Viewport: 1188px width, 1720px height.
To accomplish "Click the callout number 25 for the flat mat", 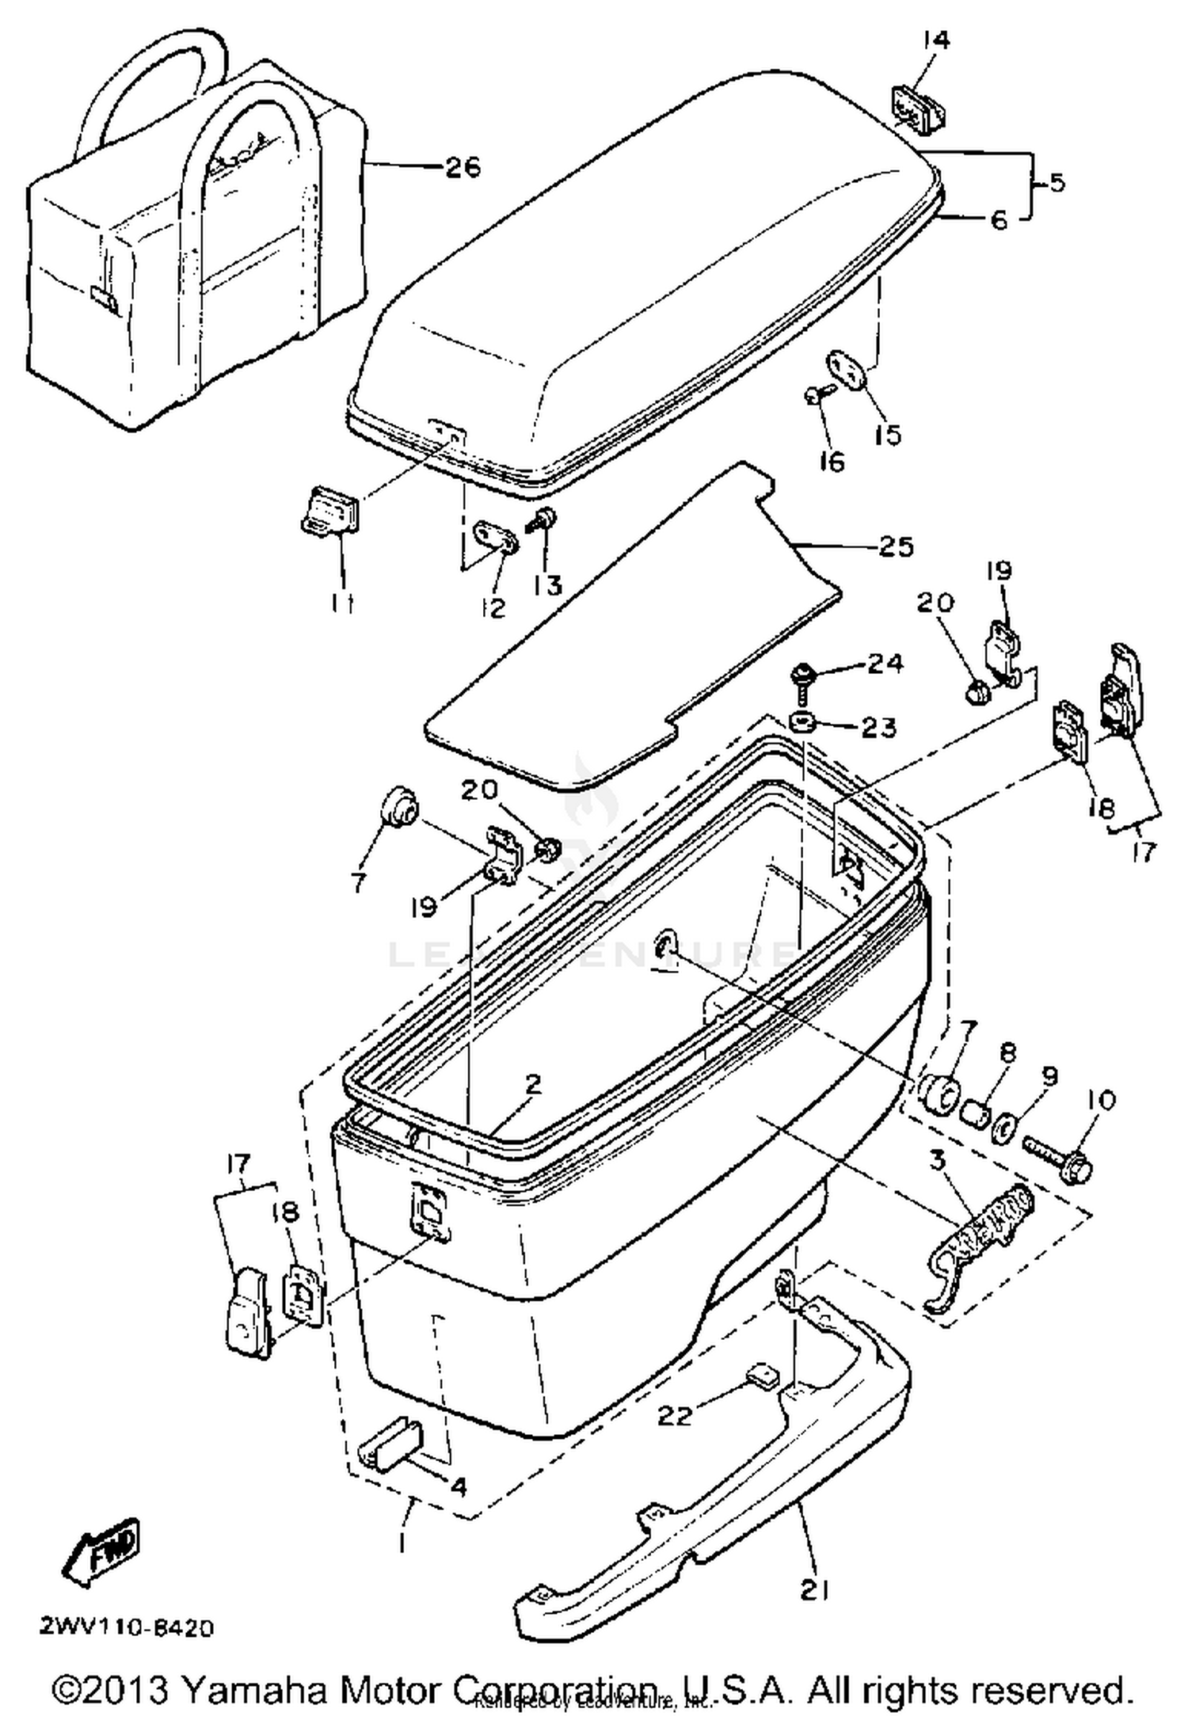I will [x=895, y=546].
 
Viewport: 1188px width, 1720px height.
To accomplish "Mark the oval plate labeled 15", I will [x=846, y=370].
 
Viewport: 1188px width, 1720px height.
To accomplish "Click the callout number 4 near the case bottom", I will [x=457, y=1486].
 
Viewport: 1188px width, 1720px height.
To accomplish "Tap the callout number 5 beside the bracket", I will [x=1057, y=183].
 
